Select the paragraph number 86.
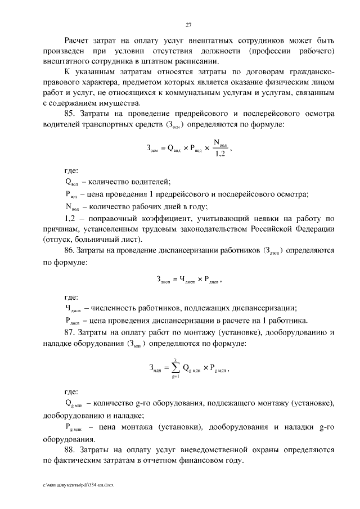coord(70,249)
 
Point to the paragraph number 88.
coord(70,450)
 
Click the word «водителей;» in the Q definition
coord(150,181)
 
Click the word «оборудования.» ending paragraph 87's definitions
coord(69,439)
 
